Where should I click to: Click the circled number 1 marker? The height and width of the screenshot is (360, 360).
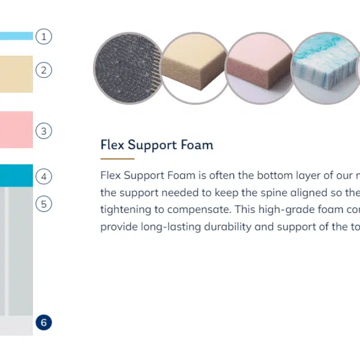pyautogui.click(x=44, y=37)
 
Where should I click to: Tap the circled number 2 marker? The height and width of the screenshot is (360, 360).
pyautogui.click(x=44, y=70)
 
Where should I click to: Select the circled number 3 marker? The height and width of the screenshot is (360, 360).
pyautogui.click(x=44, y=131)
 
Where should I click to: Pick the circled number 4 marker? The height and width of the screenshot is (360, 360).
pyautogui.click(x=44, y=176)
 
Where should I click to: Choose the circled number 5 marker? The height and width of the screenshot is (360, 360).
pyautogui.click(x=44, y=204)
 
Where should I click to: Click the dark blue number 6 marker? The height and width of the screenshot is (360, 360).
pyautogui.click(x=44, y=322)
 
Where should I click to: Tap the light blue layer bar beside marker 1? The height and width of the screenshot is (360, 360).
pyautogui.click(x=16, y=36)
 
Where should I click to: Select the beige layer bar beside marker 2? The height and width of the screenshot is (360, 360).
pyautogui.click(x=16, y=74)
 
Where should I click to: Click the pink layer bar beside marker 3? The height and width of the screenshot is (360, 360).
pyautogui.click(x=16, y=130)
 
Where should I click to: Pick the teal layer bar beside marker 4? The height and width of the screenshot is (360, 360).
pyautogui.click(x=16, y=175)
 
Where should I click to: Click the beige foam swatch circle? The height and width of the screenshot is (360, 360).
pyautogui.click(x=195, y=68)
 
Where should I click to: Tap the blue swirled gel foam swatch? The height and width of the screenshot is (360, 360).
pyautogui.click(x=326, y=68)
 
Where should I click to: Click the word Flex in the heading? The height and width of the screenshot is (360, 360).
pyautogui.click(x=112, y=145)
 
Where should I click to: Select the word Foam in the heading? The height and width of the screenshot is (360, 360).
pyautogui.click(x=197, y=145)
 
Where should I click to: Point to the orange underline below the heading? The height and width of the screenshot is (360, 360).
pyautogui.click(x=118, y=158)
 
